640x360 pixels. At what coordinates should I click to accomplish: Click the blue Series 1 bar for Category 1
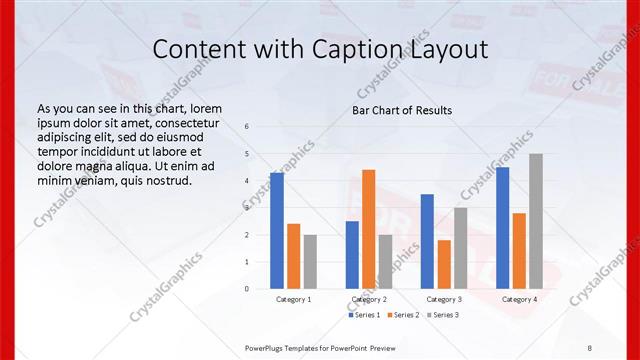(277, 231)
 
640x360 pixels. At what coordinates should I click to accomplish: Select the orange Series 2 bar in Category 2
(369, 229)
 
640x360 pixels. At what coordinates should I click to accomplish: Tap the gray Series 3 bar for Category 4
(536, 221)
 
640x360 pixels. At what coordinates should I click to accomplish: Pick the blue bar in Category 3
(427, 241)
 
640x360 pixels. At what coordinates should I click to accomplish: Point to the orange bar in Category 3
(444, 264)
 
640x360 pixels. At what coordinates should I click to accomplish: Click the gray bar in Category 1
(310, 262)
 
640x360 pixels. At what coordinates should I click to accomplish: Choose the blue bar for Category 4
(502, 228)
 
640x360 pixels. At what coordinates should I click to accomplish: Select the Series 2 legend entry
(404, 315)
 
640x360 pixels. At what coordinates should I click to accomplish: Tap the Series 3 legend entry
(443, 315)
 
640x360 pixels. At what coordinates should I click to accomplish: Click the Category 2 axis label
(369, 299)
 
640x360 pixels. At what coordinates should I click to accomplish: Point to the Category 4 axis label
(519, 299)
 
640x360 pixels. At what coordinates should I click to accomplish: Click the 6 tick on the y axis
(247, 127)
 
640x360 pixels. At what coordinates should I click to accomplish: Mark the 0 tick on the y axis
(247, 289)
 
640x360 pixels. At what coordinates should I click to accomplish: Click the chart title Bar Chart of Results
(402, 110)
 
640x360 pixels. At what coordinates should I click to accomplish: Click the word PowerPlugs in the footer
(269, 347)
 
